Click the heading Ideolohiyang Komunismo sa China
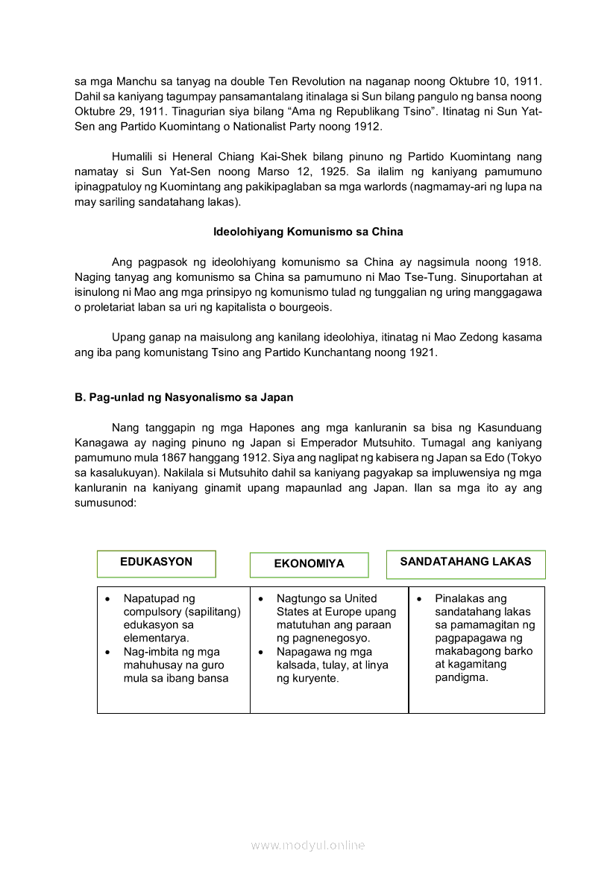coord(308,232)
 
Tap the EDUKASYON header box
coord(156,563)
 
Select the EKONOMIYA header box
coord(309,564)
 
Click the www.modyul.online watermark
coord(308,845)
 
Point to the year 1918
coord(527,262)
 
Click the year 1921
coord(421,353)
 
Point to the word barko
coord(514,652)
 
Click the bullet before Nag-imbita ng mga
coord(108,652)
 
